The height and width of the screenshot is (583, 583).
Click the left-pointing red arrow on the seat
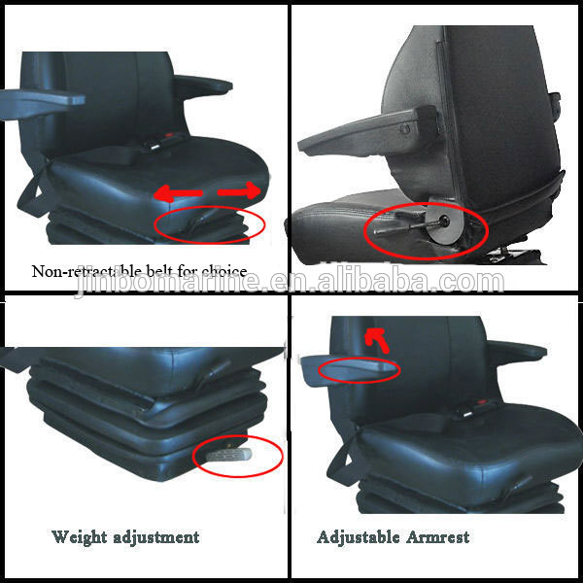[177, 194]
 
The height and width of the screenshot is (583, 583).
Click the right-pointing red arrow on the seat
[241, 191]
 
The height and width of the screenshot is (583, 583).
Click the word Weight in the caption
[80, 536]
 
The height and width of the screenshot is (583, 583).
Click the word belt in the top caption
[165, 271]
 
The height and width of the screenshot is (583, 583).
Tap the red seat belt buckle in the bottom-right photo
[480, 410]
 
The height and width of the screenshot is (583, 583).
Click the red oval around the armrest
[360, 369]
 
